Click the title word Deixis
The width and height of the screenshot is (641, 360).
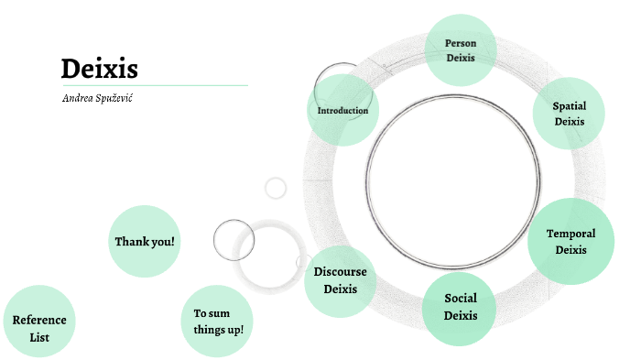[x=99, y=69]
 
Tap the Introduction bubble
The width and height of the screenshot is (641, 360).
[x=342, y=110]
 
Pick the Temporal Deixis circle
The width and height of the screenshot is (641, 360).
[x=570, y=241]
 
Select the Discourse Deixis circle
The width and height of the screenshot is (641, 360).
[x=340, y=280]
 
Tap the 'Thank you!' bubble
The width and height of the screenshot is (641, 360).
[x=144, y=241]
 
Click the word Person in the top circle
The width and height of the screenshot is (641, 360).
[x=461, y=43]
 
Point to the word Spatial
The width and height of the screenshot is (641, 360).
[x=569, y=106]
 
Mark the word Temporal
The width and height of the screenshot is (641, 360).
[x=570, y=234]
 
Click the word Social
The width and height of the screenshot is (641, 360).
[x=461, y=299]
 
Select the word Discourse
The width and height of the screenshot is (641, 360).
[x=340, y=272]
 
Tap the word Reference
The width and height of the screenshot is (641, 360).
[x=39, y=320]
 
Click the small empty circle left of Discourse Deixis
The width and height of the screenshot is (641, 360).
[x=234, y=239]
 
